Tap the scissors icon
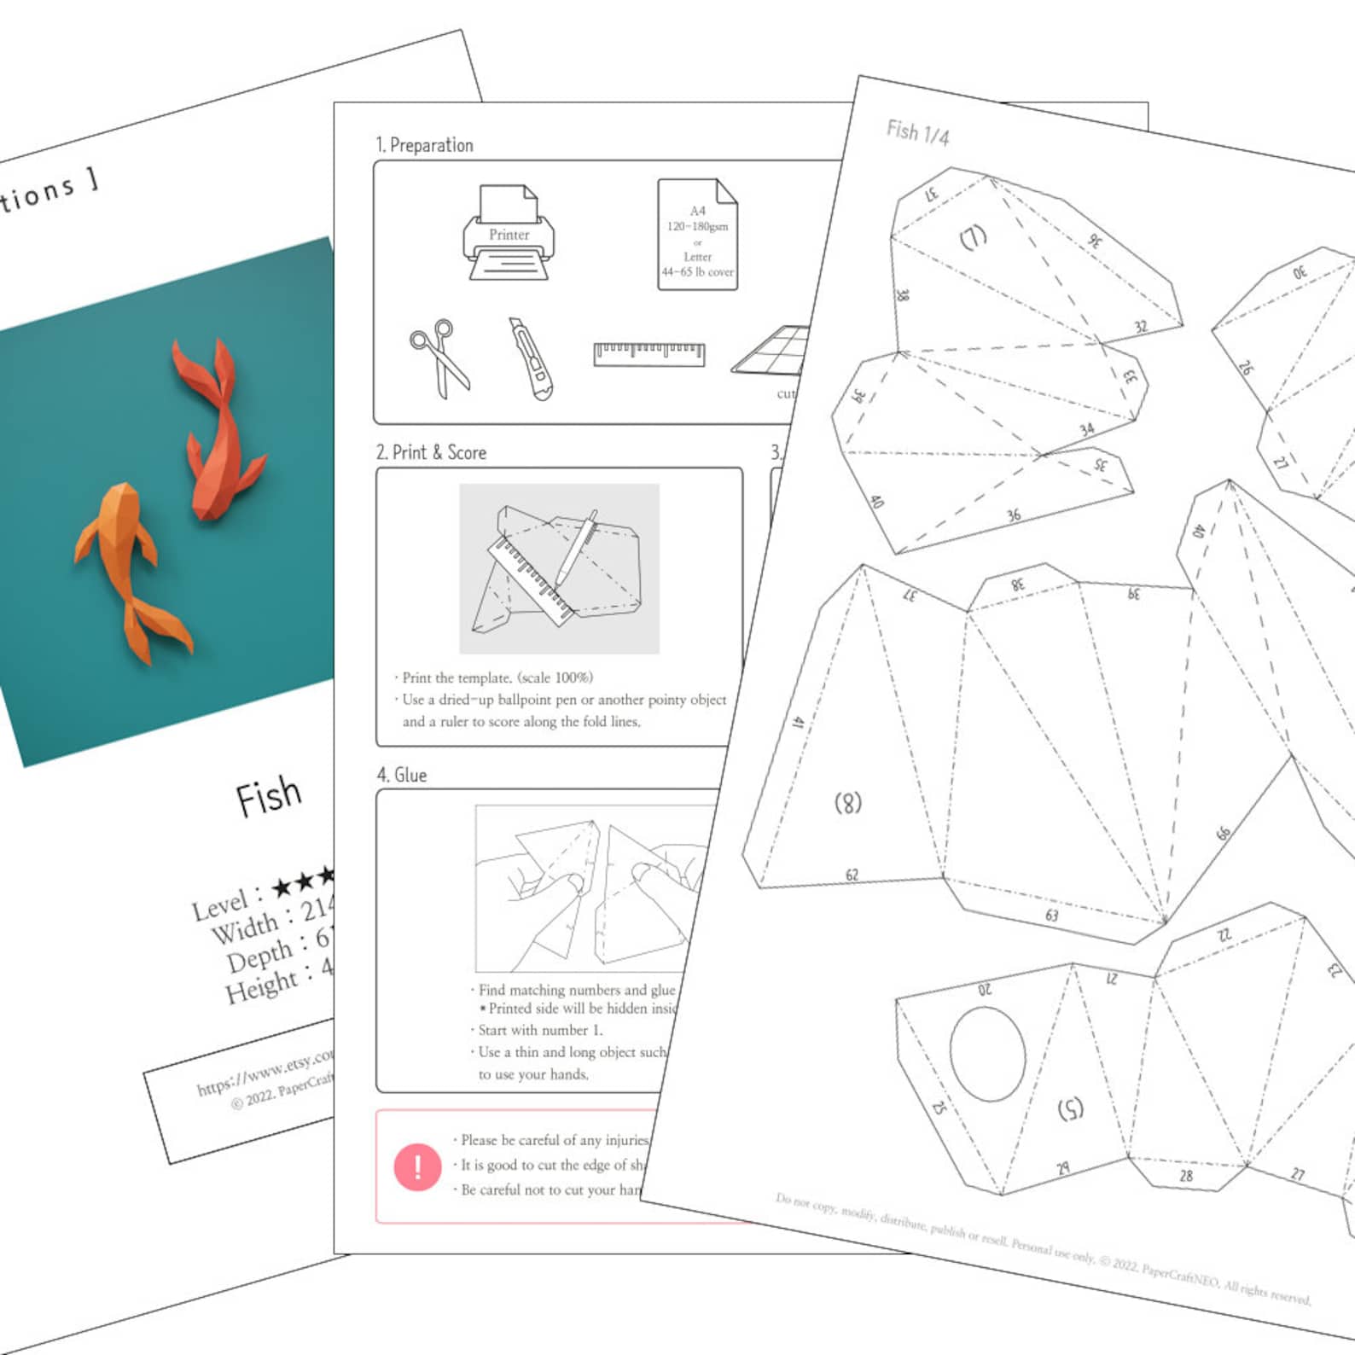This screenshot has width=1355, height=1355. tap(439, 358)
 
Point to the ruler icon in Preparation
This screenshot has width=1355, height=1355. tap(649, 353)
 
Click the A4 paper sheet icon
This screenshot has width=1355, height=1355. tap(697, 235)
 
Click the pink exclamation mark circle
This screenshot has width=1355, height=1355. tap(417, 1166)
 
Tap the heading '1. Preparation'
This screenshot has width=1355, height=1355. tap(424, 145)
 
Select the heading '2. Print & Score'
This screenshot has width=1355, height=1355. tap(431, 453)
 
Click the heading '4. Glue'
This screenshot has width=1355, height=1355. tap(402, 775)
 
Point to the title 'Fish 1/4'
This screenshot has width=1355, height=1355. tap(917, 132)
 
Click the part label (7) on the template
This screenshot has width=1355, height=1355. tap(973, 236)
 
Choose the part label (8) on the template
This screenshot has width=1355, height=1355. tap(847, 803)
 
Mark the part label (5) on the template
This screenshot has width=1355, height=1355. tap(1070, 1108)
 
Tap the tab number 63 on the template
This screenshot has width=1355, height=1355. tap(1051, 916)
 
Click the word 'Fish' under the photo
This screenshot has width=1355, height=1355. tap(269, 797)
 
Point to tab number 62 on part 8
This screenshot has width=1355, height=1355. tap(852, 875)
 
